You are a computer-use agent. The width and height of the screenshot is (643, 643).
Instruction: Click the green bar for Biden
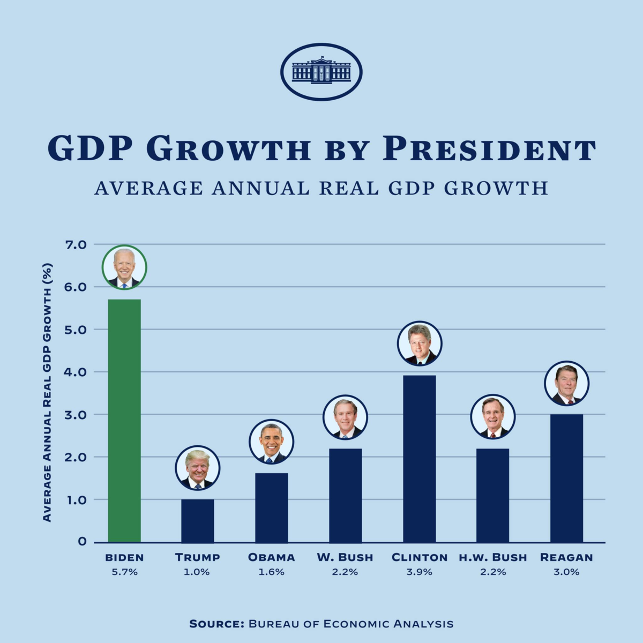(124, 421)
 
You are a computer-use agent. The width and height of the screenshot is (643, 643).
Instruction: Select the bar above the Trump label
(197, 520)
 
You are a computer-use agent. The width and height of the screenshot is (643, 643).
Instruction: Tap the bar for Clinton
(419, 459)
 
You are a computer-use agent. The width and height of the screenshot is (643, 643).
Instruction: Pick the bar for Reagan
(566, 478)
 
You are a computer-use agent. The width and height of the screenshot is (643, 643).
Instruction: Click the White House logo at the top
(322, 72)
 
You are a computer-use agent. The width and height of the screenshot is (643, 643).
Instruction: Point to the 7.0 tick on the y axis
(76, 245)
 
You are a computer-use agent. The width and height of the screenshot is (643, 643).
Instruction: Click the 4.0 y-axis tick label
(76, 372)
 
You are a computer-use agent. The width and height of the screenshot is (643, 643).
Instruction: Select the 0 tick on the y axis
(82, 542)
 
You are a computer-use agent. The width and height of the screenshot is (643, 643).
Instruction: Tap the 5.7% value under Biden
(124, 572)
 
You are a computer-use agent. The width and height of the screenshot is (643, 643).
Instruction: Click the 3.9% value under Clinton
(419, 572)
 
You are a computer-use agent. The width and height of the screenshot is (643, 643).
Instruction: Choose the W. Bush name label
(345, 557)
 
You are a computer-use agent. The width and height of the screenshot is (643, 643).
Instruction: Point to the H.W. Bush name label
(492, 557)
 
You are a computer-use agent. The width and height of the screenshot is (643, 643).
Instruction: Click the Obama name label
(271, 557)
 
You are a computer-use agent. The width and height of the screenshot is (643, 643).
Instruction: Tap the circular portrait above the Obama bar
(271, 442)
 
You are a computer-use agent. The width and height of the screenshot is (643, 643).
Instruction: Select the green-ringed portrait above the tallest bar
(124, 267)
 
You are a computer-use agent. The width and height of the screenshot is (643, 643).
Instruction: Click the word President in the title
(489, 148)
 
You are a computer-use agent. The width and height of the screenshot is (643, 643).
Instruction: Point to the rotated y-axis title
(47, 392)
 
